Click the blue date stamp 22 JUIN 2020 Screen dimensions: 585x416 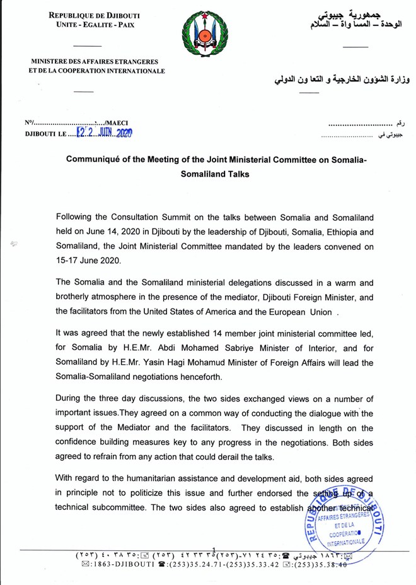104,133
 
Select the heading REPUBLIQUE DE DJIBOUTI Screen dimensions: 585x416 95,15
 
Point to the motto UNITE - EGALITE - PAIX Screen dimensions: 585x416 95,25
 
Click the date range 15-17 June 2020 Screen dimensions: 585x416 83,259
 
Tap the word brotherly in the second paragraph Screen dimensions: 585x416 77,297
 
